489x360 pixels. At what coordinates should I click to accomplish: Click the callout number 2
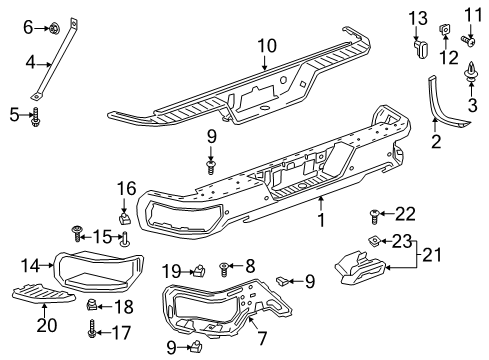(435, 143)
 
